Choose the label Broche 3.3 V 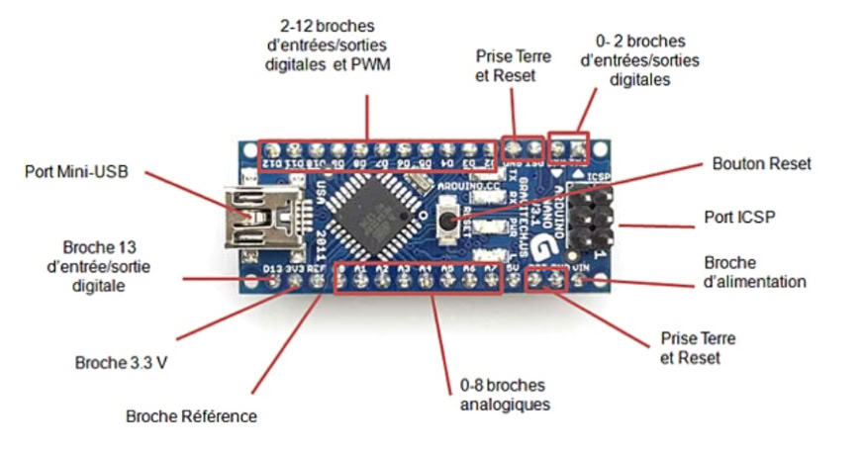pos(121,362)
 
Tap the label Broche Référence pos(191,415)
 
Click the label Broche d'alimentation pos(754,272)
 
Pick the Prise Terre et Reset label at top pos(513,65)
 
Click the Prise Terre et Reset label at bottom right pos(697,347)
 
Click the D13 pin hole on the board pos(275,283)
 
